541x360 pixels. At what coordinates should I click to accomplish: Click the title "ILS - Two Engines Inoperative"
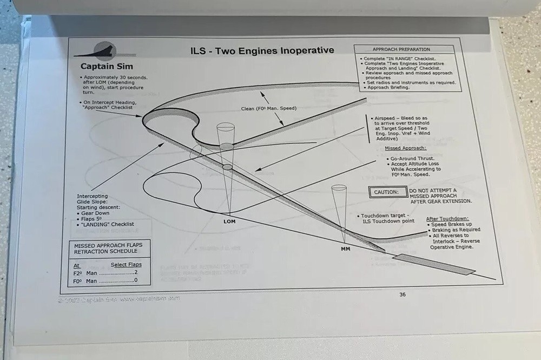(x=262, y=51)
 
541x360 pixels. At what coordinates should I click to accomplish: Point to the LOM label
(x=229, y=221)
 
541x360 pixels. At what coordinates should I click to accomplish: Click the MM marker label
(x=345, y=250)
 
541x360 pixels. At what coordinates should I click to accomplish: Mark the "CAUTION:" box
(x=387, y=192)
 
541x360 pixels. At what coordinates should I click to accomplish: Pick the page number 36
(x=402, y=294)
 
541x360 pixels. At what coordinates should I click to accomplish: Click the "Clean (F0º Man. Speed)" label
(x=268, y=108)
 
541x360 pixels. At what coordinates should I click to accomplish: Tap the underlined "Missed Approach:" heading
(x=405, y=148)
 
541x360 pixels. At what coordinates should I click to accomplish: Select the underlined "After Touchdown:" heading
(x=447, y=219)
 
